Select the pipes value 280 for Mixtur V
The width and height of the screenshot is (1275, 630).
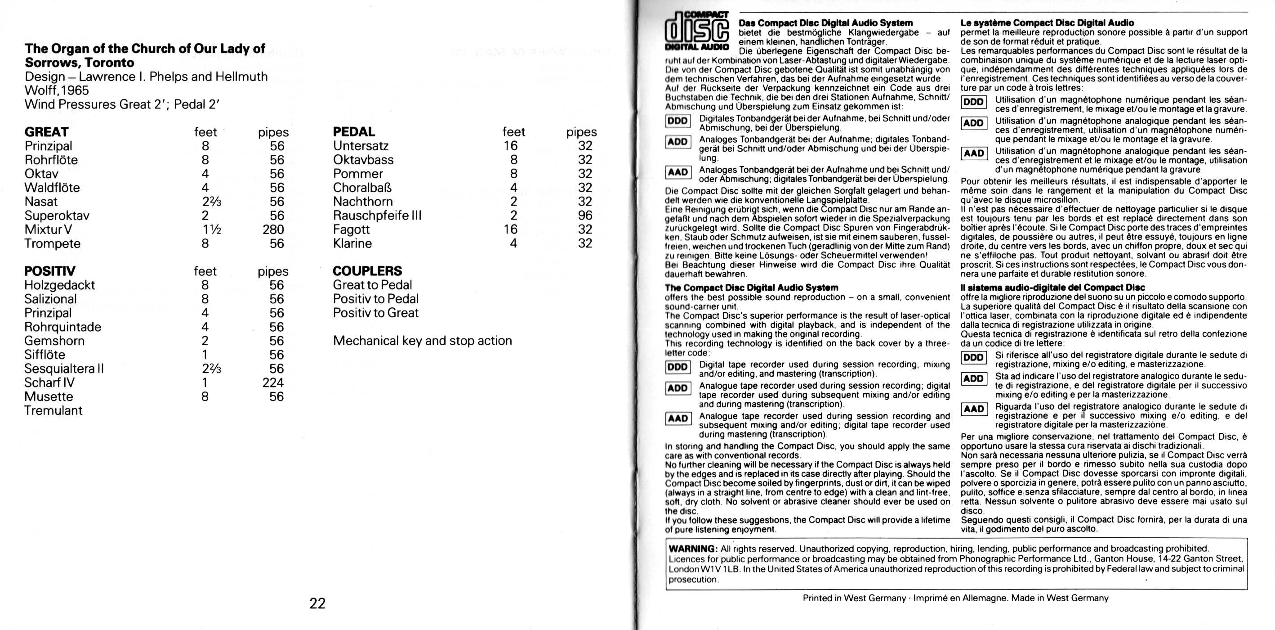pyautogui.click(x=273, y=229)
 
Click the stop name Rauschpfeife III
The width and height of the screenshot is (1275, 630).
pyautogui.click(x=377, y=216)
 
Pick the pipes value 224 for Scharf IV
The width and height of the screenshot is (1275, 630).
pyautogui.click(x=273, y=382)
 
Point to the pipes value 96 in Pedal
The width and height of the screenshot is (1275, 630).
pyautogui.click(x=585, y=216)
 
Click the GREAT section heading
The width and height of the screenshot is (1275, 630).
pyautogui.click(x=46, y=132)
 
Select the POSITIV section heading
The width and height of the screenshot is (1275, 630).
pyautogui.click(x=50, y=271)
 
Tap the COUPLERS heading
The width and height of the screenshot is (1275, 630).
pyautogui.click(x=367, y=271)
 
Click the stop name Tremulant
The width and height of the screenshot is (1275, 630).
pyautogui.click(x=53, y=410)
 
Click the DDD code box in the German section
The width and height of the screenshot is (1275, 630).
pyautogui.click(x=678, y=121)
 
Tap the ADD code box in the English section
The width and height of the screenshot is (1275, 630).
pyautogui.click(x=678, y=388)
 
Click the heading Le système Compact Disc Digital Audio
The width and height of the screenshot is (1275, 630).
pyautogui.click(x=1047, y=23)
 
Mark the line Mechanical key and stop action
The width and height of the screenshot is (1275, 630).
pyautogui.click(x=422, y=341)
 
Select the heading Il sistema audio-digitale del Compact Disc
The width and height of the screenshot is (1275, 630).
pyautogui.click(x=1053, y=287)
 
